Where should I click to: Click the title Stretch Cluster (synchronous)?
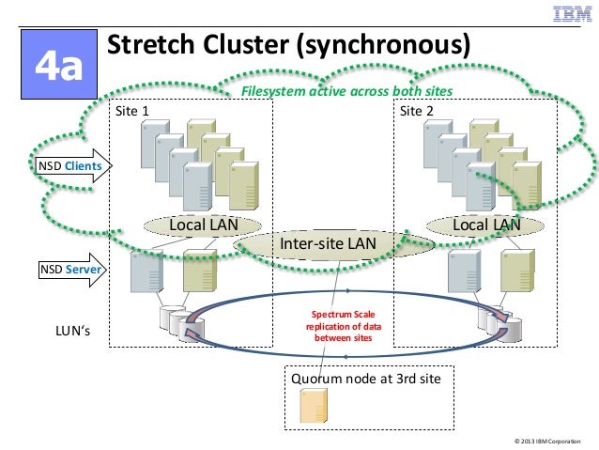[x=287, y=45]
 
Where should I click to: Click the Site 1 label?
[x=132, y=111]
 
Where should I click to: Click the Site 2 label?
[x=417, y=111]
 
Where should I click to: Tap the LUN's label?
[x=75, y=331]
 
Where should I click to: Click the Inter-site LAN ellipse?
[x=329, y=243]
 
